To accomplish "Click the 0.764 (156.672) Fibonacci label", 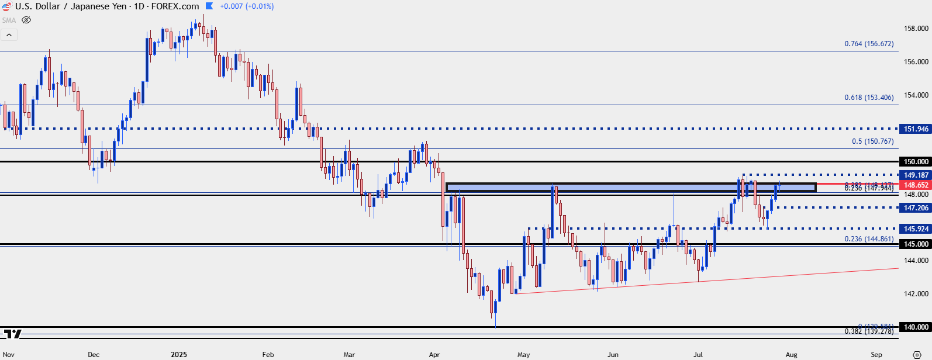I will click(x=869, y=44).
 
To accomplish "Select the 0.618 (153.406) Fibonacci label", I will click(x=869, y=98).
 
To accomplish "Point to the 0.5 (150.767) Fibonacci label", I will click(x=872, y=141).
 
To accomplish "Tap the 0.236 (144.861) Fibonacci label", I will click(x=869, y=239).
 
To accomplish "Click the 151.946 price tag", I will click(x=916, y=129).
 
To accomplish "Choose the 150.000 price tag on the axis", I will click(x=916, y=162).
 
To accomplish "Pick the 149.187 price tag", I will click(x=916, y=175).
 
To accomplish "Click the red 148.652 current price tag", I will click(x=916, y=185).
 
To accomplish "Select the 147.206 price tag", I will click(x=916, y=208).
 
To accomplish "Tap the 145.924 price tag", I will click(x=916, y=229).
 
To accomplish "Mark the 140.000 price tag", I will click(x=916, y=327).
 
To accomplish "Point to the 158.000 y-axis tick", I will click(x=916, y=29).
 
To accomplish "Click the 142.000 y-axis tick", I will click(x=916, y=294).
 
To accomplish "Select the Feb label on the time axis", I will click(x=268, y=355).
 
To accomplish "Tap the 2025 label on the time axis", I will click(x=179, y=355).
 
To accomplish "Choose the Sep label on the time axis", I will click(x=876, y=355).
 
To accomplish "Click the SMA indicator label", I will click(x=9, y=20).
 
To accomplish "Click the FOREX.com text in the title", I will click(x=175, y=6).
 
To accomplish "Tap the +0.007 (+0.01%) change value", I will click(x=247, y=6).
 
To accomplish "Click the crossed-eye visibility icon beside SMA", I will click(x=26, y=20).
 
